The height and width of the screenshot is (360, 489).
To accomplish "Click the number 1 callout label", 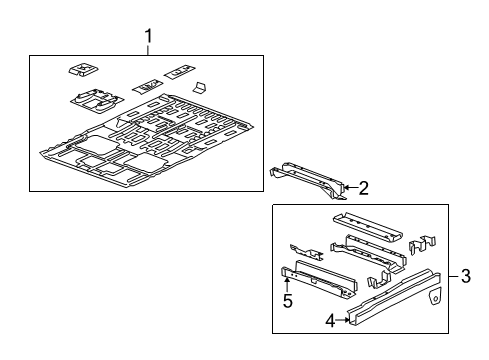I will (x=148, y=38).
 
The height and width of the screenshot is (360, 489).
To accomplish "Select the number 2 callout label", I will (x=364, y=187).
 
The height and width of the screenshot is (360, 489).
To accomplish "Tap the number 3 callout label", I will (x=467, y=275).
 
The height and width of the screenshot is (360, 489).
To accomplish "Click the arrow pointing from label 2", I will (x=348, y=186).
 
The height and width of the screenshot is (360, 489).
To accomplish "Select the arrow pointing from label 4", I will (x=345, y=321).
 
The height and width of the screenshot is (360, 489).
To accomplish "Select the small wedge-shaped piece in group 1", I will (x=198, y=88).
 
